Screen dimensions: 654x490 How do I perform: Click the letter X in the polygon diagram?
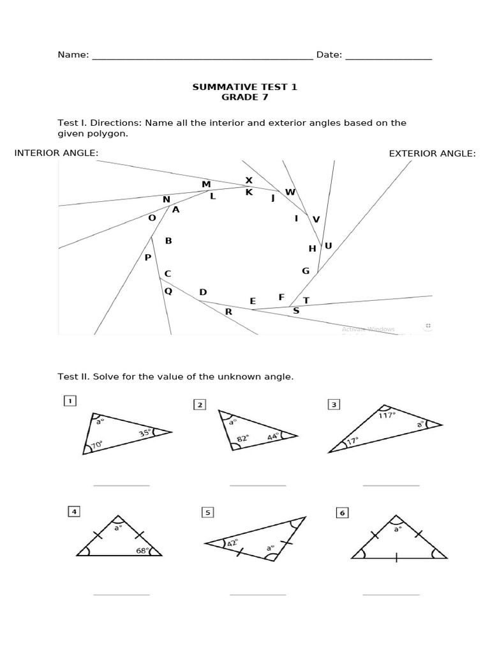click(249, 181)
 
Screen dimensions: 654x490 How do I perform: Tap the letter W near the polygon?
click(290, 192)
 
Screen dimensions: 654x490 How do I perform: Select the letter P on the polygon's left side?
click(148, 257)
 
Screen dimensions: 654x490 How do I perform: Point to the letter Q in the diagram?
click(168, 291)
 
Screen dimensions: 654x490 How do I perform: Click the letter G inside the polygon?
click(306, 271)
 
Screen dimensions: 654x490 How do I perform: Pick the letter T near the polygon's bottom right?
click(306, 300)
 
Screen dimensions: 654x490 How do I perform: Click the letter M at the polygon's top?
click(206, 185)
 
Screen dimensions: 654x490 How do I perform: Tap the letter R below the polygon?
click(228, 312)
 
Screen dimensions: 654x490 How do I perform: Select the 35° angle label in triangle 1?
click(145, 434)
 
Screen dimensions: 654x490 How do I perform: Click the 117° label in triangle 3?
click(387, 415)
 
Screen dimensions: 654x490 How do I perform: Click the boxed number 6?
click(342, 512)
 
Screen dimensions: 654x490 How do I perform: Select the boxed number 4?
click(74, 511)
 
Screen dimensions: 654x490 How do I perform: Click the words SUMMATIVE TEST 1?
click(245, 87)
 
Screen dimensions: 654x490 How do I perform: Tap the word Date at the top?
click(328, 55)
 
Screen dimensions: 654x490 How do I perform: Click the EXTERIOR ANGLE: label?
click(433, 153)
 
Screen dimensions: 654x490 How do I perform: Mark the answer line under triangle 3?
click(391, 485)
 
